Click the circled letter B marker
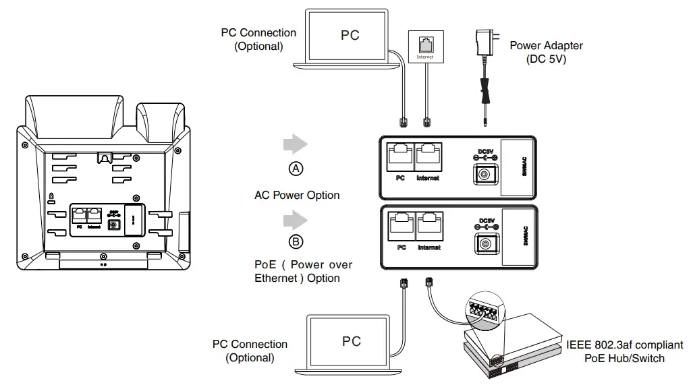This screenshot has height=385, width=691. tap(296, 241)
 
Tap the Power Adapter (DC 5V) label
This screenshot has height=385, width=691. tap(546, 52)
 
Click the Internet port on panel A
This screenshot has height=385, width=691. tap(428, 156)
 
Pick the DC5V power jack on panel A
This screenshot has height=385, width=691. tap(484, 175)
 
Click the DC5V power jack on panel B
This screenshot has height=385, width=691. tap(484, 243)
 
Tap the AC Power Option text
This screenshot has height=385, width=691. tap(297, 196)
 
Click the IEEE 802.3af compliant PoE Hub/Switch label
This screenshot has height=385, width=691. tap(624, 351)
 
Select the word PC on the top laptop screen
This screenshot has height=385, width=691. tap(350, 35)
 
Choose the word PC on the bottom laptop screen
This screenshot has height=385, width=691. tap(352, 340)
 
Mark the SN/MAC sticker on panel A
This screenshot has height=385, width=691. tap(518, 166)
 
